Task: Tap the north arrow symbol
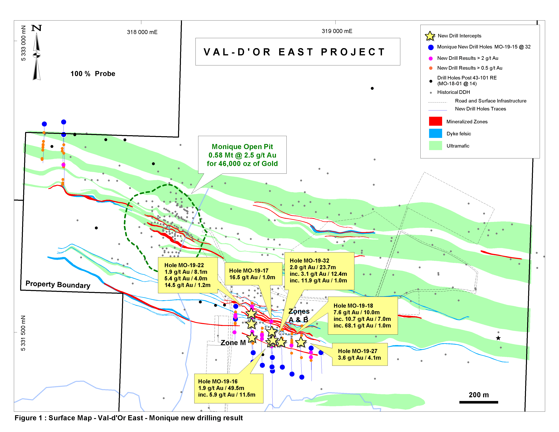[37, 54]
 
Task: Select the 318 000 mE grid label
[142, 32]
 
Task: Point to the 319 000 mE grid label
[337, 31]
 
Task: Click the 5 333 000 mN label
[24, 43]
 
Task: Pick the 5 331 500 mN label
[24, 333]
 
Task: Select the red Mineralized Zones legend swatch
[435, 121]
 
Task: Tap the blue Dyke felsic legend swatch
[435, 133]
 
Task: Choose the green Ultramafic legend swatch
[435, 146]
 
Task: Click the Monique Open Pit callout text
[242, 155]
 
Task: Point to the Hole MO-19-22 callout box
[188, 275]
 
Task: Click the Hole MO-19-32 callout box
[319, 271]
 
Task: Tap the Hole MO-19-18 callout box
[363, 316]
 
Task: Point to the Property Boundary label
[58, 284]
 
